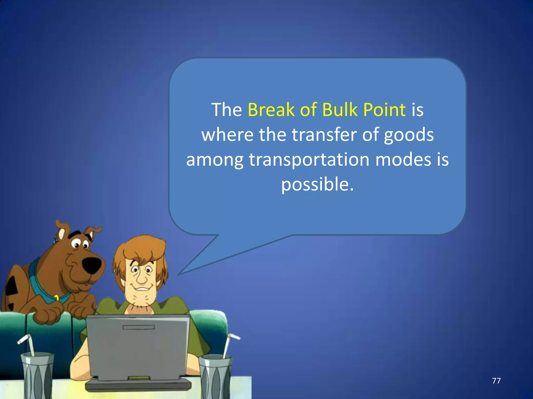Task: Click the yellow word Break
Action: [x=271, y=110]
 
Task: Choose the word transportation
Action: [x=309, y=160]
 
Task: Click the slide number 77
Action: [x=496, y=381]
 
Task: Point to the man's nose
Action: [x=142, y=278]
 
